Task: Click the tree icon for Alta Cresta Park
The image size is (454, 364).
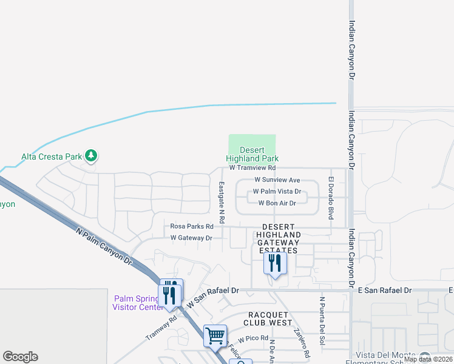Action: tap(91, 156)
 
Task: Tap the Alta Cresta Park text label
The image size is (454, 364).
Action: tap(52, 157)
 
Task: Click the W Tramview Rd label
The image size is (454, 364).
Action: tap(252, 167)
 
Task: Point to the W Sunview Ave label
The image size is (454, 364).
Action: tap(277, 180)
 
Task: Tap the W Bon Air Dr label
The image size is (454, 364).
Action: tap(277, 203)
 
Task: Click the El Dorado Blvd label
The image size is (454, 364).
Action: tap(331, 189)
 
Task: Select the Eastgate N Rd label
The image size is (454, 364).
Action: tap(222, 201)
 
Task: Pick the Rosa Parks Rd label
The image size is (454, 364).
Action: tap(192, 226)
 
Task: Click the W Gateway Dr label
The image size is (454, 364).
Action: tap(191, 238)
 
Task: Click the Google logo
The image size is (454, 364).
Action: tap(20, 357)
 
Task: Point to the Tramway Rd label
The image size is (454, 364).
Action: tap(161, 328)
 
